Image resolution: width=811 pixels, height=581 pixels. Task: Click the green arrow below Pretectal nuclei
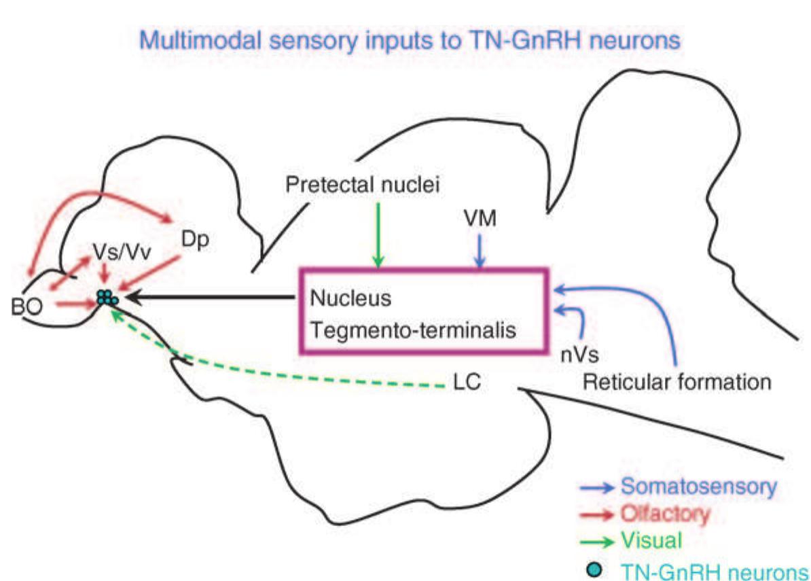pyautogui.click(x=378, y=235)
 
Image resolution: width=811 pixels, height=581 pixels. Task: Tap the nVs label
pyautogui.click(x=575, y=353)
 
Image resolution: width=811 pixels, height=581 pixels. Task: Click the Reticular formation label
pyautogui.click(x=677, y=382)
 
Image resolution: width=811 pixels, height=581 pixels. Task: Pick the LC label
pyautogui.click(x=467, y=382)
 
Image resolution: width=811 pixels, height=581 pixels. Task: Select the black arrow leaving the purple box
pyautogui.click(x=211, y=296)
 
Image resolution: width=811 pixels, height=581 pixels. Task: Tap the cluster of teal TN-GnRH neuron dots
pyautogui.click(x=107, y=297)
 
